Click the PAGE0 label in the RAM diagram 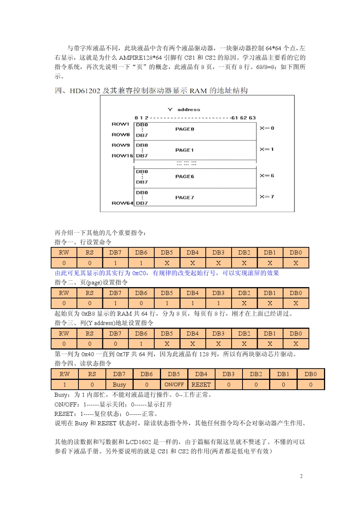pyautogui.click(x=185, y=129)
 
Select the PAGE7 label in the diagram pyautogui.click(x=185, y=197)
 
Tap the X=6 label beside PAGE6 pyautogui.click(x=267, y=176)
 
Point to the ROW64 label pyautogui.click(x=122, y=203)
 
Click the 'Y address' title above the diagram pyautogui.click(x=184, y=109)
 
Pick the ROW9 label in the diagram pyautogui.click(x=121, y=145)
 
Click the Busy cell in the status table pyautogui.click(x=119, y=384)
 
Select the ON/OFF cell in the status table pyautogui.click(x=174, y=384)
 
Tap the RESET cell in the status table pyautogui.click(x=201, y=384)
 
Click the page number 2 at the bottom pyautogui.click(x=301, y=476)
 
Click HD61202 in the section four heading pyautogui.click(x=85, y=91)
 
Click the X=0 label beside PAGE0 pyautogui.click(x=267, y=128)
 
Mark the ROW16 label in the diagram pyautogui.click(x=122, y=156)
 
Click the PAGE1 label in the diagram pyautogui.click(x=185, y=150)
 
